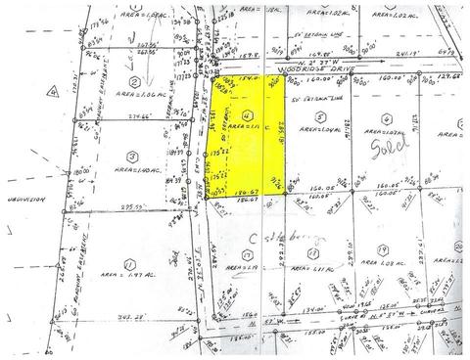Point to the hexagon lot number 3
(130, 156)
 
